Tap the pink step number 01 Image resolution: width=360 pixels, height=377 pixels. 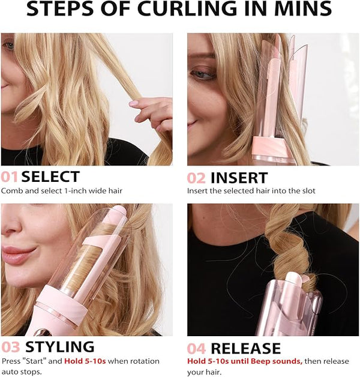click(x=10, y=176)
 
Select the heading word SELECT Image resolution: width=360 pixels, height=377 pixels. click(x=50, y=176)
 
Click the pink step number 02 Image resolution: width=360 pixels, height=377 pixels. click(x=196, y=178)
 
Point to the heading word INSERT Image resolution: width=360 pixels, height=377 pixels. click(x=239, y=178)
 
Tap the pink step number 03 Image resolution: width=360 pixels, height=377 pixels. click(x=10, y=347)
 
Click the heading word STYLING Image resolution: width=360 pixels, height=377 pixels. click(x=59, y=347)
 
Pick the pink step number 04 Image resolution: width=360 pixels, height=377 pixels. click(x=196, y=349)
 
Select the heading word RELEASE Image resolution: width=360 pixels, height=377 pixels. click(x=245, y=348)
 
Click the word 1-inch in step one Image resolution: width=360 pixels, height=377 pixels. click(x=75, y=191)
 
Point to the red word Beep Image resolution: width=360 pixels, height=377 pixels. click(x=260, y=361)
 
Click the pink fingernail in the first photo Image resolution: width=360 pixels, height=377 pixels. click(x=133, y=103)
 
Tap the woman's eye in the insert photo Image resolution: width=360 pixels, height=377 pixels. click(x=203, y=74)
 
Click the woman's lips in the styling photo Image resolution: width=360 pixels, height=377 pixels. click(x=17, y=255)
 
